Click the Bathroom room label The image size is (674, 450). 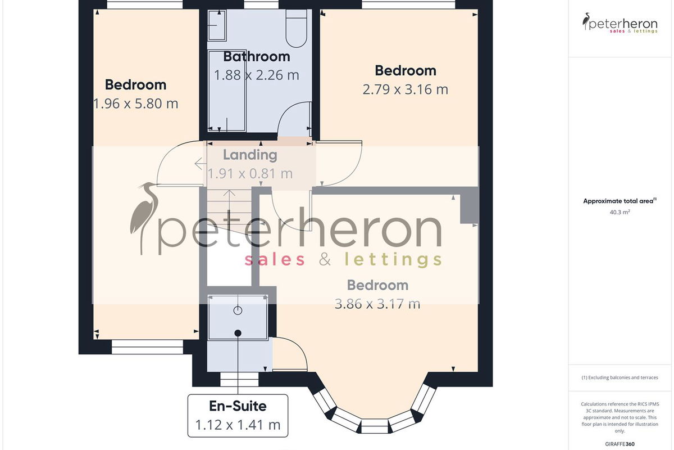[x=257, y=57]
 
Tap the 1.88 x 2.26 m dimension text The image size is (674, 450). [x=257, y=75]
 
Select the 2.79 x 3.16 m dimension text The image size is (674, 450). [x=406, y=89]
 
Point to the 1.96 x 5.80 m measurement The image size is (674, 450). [x=136, y=103]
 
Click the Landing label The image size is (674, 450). [x=250, y=155]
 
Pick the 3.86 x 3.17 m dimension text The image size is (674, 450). [x=377, y=304]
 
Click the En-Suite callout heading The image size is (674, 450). [x=238, y=406]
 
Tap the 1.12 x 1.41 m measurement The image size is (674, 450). [x=238, y=425]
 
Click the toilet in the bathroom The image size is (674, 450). [x=297, y=28]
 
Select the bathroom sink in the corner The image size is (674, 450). [x=217, y=25]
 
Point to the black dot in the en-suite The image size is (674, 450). [x=238, y=333]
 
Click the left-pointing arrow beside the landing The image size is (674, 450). [x=201, y=164]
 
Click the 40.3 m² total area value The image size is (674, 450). [x=620, y=212]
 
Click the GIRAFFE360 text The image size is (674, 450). [x=620, y=444]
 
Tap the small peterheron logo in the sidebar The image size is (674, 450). [x=620, y=23]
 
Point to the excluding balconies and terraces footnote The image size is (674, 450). [x=620, y=377]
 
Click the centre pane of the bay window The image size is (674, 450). [x=375, y=426]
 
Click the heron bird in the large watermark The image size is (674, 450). [x=144, y=218]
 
